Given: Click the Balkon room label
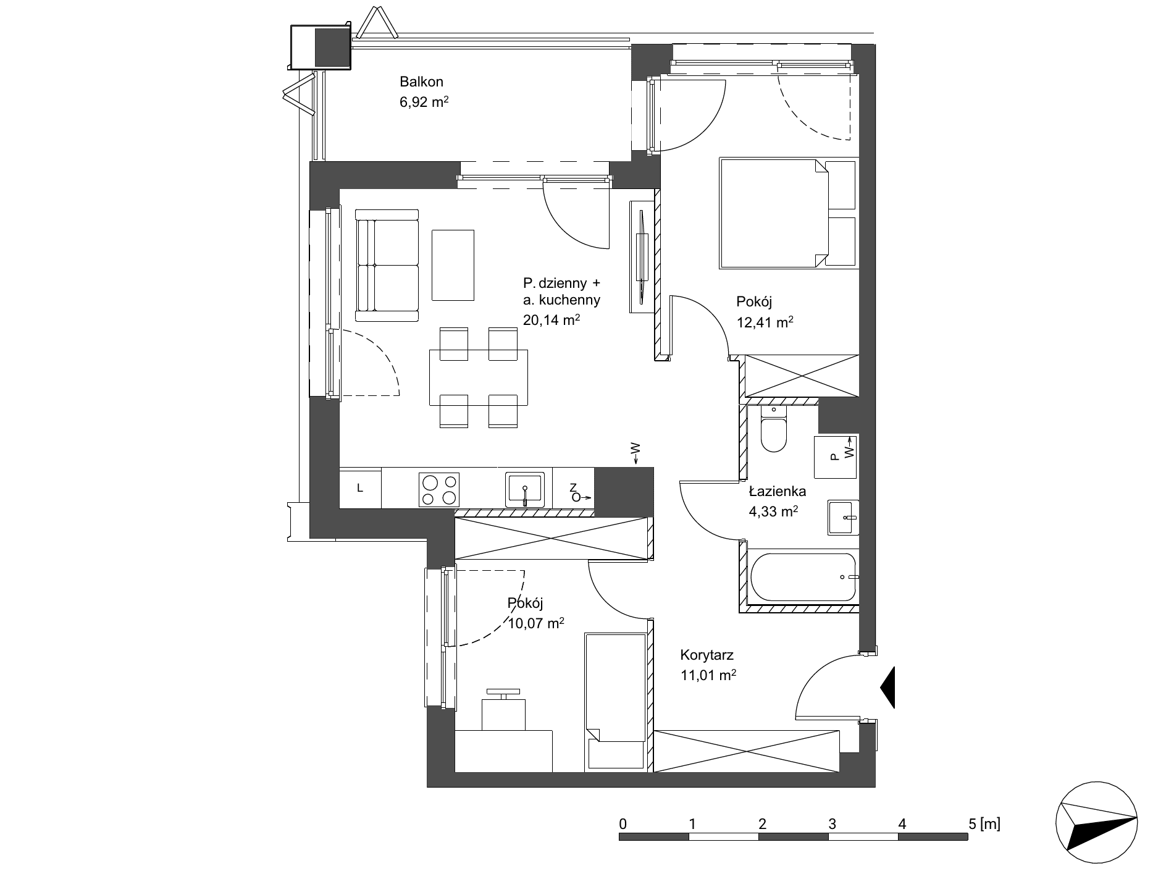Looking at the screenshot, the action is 421,82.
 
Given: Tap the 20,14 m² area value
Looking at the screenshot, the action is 551,320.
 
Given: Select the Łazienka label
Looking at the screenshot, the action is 777,492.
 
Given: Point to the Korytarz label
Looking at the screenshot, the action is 707,655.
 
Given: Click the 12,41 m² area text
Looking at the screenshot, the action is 765,322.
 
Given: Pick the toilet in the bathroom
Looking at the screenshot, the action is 773,429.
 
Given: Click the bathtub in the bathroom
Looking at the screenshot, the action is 802,577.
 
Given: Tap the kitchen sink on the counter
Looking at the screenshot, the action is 525,489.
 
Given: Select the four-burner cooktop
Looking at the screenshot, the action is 439,489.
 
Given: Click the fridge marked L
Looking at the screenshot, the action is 360,488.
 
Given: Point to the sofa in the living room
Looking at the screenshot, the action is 387,266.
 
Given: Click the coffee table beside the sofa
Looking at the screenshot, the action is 453,265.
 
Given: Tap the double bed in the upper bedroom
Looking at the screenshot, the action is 789,214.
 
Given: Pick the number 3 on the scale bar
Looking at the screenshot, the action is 833,823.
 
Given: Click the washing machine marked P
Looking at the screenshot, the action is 835,457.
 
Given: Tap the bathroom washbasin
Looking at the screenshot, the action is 842,517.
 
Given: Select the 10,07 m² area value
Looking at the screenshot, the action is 535,623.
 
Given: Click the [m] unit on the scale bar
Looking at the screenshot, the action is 990,823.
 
